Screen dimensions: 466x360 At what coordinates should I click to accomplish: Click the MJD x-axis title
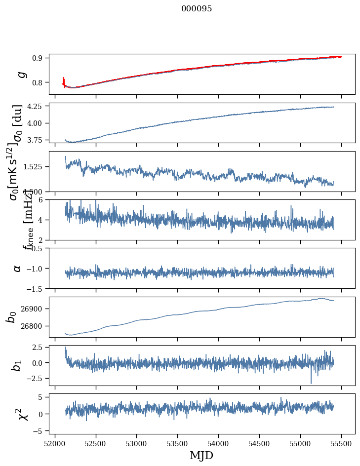point(202,456)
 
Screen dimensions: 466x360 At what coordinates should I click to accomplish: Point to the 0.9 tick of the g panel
point(40,58)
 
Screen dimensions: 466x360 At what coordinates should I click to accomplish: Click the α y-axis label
point(18,268)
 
